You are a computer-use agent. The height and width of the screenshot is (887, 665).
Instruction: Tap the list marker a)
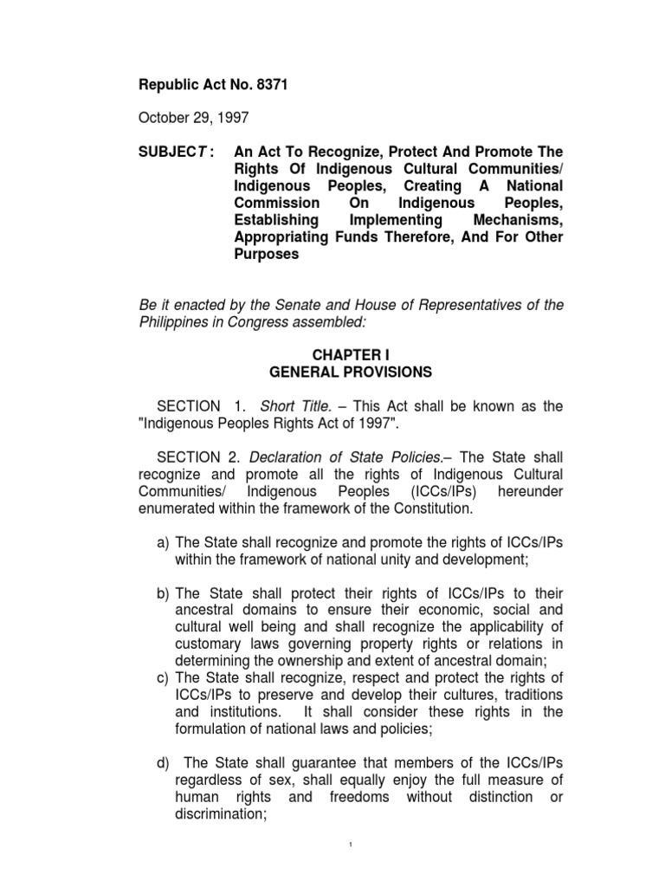[x=163, y=541]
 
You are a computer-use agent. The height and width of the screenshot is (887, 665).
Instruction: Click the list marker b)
[x=163, y=592]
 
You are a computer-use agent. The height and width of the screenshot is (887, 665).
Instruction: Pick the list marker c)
[x=163, y=677]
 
